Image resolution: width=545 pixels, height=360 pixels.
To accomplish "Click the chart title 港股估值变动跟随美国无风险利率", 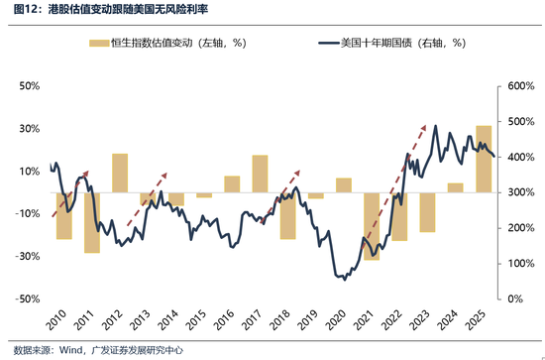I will tap(139, 12).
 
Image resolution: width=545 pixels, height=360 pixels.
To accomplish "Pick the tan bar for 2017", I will tap(260, 174).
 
